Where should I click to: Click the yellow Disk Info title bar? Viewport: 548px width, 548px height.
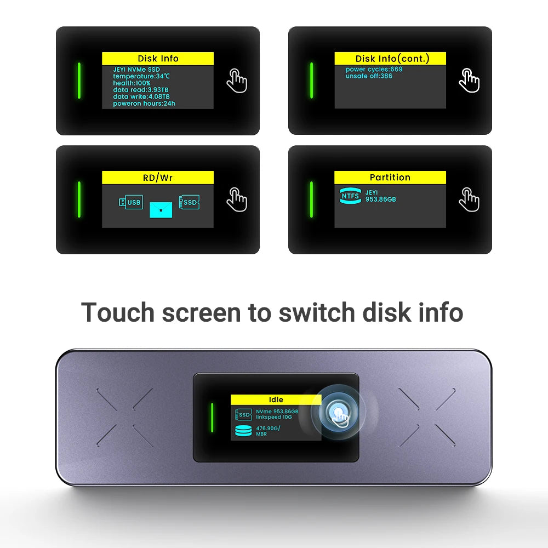(158, 59)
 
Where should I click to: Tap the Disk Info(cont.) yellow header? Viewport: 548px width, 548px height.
(390, 59)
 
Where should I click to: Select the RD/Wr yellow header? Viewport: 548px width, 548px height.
(158, 178)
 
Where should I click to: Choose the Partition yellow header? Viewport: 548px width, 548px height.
(390, 178)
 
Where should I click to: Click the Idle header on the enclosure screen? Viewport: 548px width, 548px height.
(276, 400)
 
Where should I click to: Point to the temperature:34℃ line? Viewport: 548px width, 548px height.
(141, 76)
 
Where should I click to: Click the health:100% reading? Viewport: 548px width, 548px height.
(132, 83)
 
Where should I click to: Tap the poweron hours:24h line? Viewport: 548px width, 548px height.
(144, 103)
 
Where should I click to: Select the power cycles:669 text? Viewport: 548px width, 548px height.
(374, 70)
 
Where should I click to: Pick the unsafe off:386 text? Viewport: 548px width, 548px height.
(369, 76)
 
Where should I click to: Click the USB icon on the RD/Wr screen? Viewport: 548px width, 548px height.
(130, 202)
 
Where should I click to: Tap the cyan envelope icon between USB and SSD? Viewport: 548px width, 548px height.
(161, 209)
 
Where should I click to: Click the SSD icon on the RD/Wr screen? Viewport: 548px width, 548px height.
(189, 202)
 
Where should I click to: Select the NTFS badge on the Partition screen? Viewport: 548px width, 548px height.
(350, 196)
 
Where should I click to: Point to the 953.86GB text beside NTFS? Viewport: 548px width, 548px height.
(380, 199)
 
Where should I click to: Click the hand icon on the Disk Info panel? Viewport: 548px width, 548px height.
(237, 81)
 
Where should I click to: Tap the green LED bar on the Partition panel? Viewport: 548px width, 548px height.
(311, 199)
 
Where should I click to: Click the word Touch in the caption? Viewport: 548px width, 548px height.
(118, 312)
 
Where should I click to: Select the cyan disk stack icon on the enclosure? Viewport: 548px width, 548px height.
(243, 431)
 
